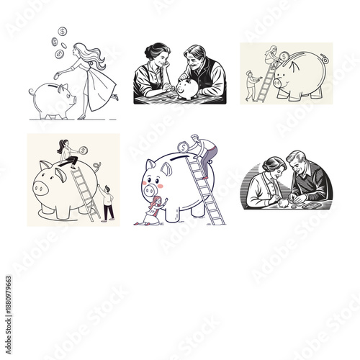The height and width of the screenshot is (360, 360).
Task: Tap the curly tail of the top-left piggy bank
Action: (x=31, y=91)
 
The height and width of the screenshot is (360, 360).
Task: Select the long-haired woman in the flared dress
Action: (x=95, y=76)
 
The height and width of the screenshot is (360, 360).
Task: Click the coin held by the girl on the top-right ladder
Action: (x=284, y=55)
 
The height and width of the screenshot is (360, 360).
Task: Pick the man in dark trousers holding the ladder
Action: (x=107, y=203)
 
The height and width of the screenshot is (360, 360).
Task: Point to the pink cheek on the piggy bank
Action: (x=160, y=186)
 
